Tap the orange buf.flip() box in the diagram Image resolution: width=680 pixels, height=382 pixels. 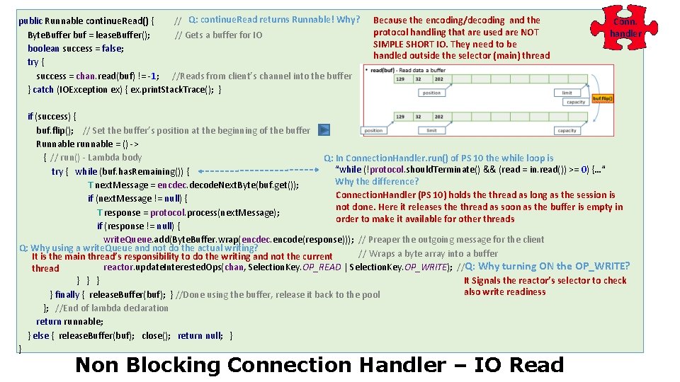(602, 98)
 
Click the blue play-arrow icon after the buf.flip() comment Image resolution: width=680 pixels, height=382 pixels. (323, 130)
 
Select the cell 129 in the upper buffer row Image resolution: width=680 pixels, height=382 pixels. (400, 79)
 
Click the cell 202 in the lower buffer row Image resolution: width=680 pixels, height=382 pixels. (438, 117)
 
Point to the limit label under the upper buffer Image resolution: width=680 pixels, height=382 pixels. (567, 93)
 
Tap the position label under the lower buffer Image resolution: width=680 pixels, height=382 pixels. (373, 130)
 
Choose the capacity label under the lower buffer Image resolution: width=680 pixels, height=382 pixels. (567, 130)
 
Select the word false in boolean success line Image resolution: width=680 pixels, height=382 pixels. (112, 48)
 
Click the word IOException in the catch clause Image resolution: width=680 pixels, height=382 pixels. (82, 89)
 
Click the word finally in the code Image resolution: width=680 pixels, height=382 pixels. (67, 294)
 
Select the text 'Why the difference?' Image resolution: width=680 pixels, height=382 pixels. (377, 182)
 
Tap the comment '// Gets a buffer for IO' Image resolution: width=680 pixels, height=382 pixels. (218, 35)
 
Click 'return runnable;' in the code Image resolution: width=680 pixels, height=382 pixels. (69, 321)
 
